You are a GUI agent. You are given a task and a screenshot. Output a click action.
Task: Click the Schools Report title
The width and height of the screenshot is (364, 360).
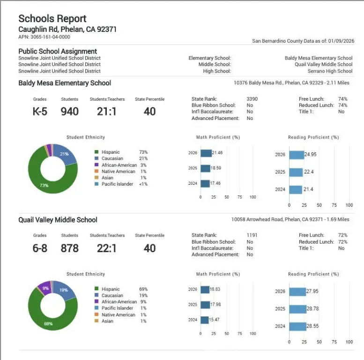(x=52, y=19)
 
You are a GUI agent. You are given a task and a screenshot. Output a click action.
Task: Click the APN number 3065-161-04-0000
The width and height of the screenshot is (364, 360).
(x=44, y=37)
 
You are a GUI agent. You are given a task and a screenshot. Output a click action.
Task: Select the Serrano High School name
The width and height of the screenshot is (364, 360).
(x=330, y=71)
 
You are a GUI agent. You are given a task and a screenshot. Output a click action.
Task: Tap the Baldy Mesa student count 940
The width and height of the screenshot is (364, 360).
(x=69, y=112)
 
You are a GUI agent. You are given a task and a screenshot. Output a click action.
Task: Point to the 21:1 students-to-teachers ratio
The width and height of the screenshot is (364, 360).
(x=107, y=112)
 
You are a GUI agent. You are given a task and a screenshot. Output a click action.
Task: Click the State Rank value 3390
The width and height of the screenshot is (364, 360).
(x=252, y=99)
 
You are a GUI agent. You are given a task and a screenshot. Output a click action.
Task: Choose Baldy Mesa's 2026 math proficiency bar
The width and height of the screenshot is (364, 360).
(x=206, y=153)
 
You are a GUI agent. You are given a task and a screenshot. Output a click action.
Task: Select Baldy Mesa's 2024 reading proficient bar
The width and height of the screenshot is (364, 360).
(x=296, y=189)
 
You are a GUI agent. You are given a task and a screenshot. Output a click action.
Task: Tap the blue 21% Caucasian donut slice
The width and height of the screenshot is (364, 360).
(x=66, y=155)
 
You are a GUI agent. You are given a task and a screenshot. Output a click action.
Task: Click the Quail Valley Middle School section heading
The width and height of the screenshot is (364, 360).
(x=58, y=220)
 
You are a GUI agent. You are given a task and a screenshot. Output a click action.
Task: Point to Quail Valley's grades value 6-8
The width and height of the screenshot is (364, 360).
(x=40, y=248)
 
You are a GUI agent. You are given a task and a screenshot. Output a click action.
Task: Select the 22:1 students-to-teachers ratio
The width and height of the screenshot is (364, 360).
(x=107, y=248)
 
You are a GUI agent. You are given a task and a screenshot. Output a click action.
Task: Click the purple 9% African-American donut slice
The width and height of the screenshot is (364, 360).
(x=45, y=287)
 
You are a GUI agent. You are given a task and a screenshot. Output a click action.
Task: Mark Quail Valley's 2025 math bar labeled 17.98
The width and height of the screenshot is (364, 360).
(x=205, y=305)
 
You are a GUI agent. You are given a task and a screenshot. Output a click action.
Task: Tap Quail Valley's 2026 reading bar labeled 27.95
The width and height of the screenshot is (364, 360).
(x=297, y=291)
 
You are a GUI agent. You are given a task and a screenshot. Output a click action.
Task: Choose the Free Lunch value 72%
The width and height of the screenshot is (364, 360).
(x=342, y=235)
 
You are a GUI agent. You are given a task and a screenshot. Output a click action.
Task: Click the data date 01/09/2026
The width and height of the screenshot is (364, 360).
(x=341, y=41)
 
